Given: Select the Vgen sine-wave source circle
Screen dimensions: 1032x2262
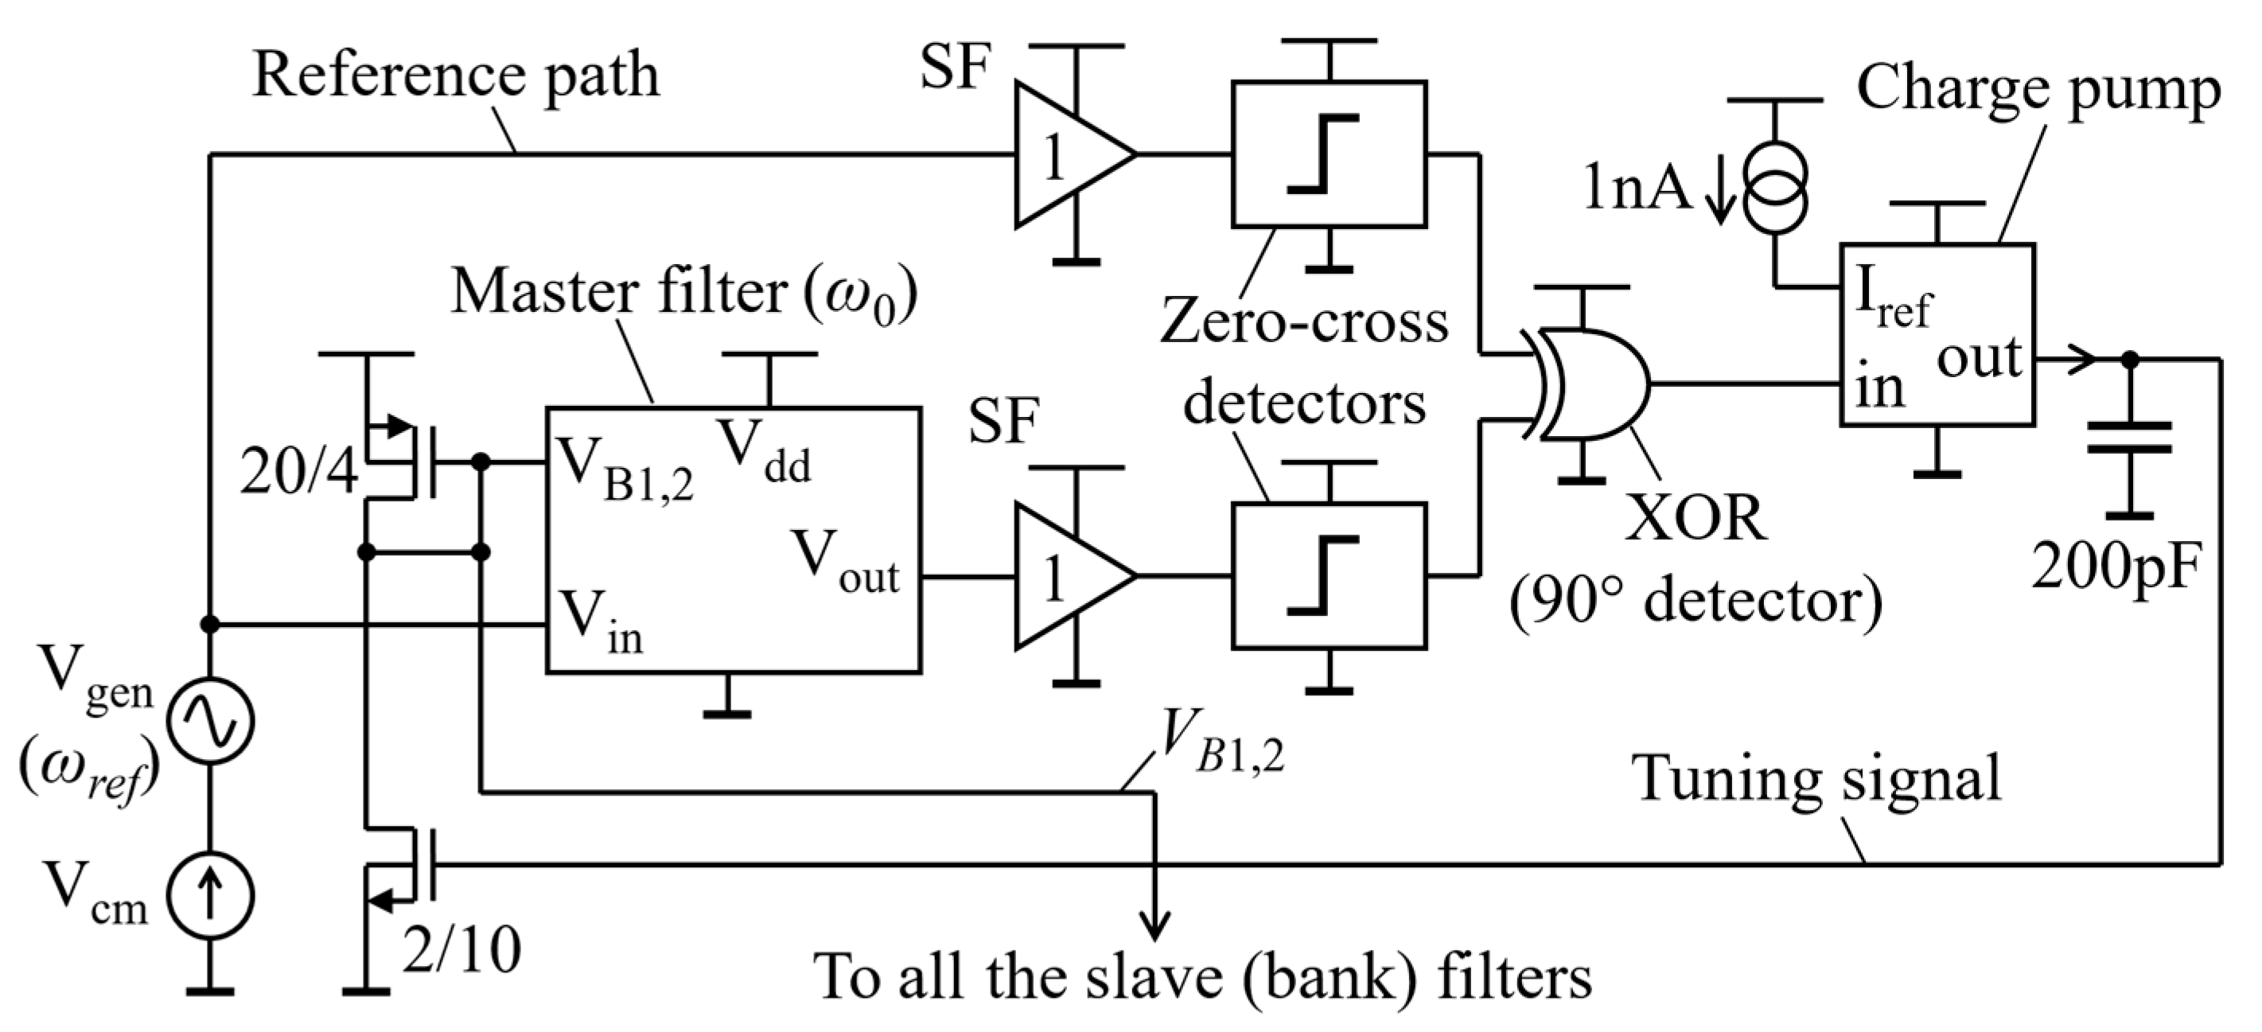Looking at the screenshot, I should tap(211, 720).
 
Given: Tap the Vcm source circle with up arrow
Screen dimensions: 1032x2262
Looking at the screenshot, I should tap(211, 895).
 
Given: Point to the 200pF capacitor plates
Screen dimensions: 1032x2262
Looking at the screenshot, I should tap(2129, 438).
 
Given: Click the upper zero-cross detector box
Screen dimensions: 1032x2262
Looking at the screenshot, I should tap(1329, 154).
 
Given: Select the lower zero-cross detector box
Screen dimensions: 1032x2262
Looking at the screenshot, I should tap(1329, 576).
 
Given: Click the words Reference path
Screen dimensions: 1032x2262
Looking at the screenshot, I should tap(456, 77).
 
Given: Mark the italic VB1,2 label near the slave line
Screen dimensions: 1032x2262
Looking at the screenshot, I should tap(1221, 742).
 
